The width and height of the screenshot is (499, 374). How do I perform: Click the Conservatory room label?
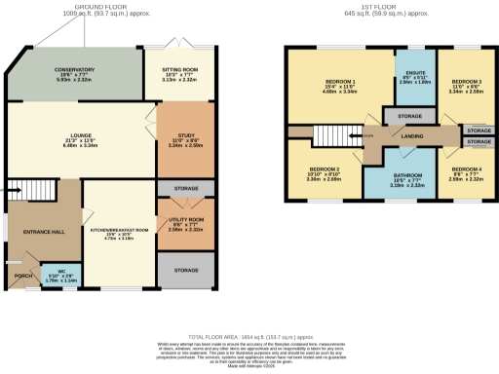(x=75, y=70)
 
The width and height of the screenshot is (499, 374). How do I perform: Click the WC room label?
(x=61, y=272)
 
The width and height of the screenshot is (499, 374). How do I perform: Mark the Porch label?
(x=22, y=275)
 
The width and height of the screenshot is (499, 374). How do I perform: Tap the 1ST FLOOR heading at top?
(x=373, y=6)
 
